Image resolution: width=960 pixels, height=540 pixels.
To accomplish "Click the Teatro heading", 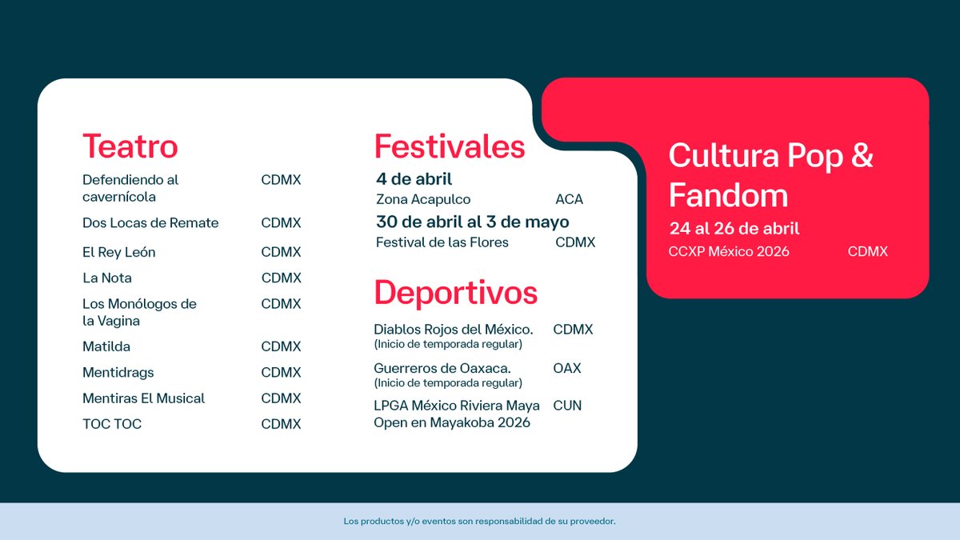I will (x=130, y=146).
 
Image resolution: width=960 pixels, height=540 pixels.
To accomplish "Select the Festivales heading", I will (x=450, y=146).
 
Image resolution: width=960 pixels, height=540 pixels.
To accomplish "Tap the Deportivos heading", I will (x=455, y=293).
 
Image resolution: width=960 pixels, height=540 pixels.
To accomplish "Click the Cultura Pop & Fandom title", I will (x=770, y=175).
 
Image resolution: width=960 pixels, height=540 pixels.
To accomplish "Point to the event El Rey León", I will (x=118, y=252).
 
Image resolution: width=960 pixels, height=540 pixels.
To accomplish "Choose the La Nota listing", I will (x=107, y=278).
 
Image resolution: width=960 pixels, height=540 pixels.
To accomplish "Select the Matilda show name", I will (x=106, y=346).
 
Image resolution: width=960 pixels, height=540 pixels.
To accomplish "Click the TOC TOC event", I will (x=112, y=424).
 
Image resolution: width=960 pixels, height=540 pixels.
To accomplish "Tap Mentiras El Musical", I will (x=143, y=398).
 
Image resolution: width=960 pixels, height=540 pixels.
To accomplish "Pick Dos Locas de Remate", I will (x=150, y=222).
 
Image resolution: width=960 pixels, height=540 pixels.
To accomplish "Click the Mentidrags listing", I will (x=118, y=373).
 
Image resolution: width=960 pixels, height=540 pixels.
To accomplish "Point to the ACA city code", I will (x=569, y=199).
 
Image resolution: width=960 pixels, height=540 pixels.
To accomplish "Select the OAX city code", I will (x=566, y=368).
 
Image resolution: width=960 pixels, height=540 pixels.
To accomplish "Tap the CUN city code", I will (x=567, y=406).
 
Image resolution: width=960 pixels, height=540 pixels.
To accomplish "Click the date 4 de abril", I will (x=414, y=179).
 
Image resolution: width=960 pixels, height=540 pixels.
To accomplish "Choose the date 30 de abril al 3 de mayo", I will (x=472, y=222).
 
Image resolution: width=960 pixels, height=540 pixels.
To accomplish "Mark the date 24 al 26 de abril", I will (x=734, y=229).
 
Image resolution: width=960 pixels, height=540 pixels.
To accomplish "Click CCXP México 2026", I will (x=729, y=251).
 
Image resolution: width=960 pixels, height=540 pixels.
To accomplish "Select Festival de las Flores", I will (x=442, y=242).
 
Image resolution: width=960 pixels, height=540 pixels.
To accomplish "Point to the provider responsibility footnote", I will (x=479, y=522).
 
